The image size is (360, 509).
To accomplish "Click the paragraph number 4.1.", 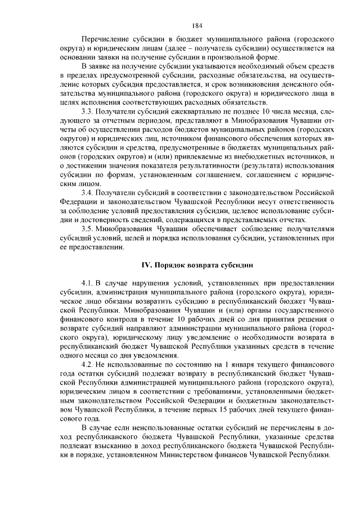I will pyautogui.click(x=88, y=282).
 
